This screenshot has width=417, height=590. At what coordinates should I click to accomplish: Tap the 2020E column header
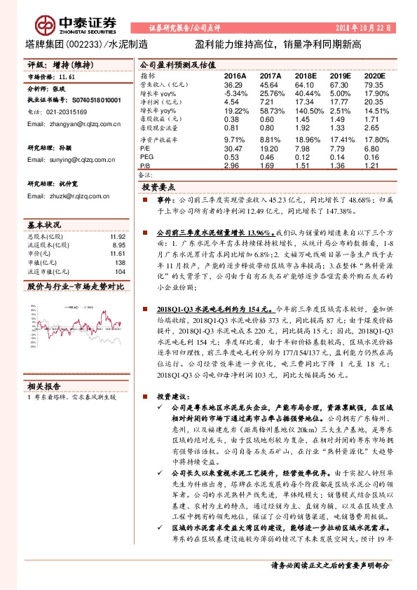[x=374, y=74]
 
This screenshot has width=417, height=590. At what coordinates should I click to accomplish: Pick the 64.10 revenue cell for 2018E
[x=306, y=84]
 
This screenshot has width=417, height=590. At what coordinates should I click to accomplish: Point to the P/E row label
[x=145, y=149]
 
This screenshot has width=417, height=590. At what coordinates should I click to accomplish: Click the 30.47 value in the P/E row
[x=233, y=149]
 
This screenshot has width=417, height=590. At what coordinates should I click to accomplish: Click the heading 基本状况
[x=45, y=225]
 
